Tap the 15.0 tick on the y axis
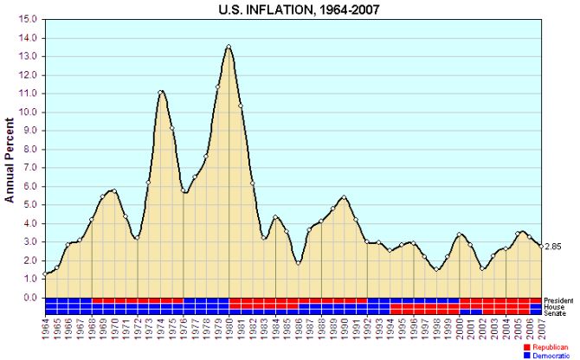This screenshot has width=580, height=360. (28, 20)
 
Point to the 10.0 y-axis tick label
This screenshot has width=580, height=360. (28, 112)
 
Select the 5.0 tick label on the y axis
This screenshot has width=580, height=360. (29, 205)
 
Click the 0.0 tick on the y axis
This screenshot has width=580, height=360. (29, 298)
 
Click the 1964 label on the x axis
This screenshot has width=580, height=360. (45, 330)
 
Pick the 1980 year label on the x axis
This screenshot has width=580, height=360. (229, 330)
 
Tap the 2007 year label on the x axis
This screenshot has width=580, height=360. (541, 330)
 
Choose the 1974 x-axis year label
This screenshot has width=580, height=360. (160, 330)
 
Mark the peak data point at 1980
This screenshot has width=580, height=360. (229, 47)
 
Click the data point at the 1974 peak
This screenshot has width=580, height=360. (160, 92)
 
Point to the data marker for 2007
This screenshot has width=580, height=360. (541, 246)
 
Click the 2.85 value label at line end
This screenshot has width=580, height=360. (554, 247)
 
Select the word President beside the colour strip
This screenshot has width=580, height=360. (559, 300)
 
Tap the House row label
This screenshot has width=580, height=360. (554, 306)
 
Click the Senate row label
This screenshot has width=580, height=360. (555, 312)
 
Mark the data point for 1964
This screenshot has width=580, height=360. (45, 274)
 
